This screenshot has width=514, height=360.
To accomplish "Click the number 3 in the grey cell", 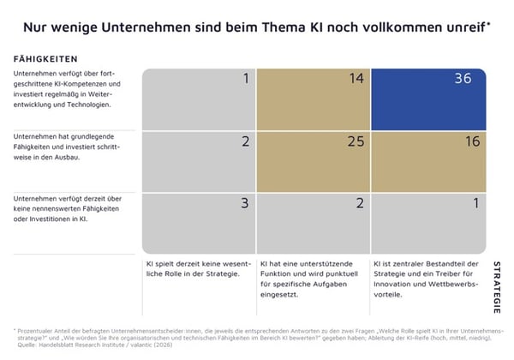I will [x=244, y=204].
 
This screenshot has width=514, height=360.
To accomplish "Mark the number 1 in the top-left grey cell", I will [x=245, y=80].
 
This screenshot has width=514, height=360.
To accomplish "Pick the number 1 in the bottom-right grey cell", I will [x=475, y=204].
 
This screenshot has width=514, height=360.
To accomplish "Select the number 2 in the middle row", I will [x=244, y=142].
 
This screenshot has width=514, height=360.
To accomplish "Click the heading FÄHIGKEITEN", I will [x=46, y=59].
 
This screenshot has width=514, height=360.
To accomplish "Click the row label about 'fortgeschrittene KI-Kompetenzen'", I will [x=69, y=89].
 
